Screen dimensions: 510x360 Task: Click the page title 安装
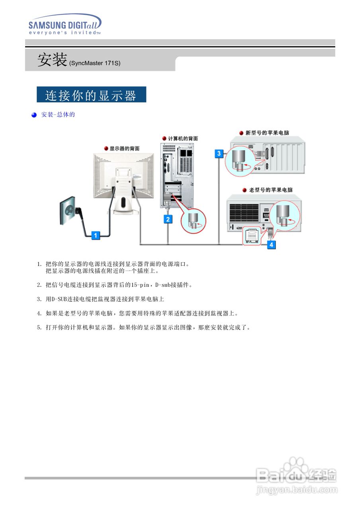tap(52, 60)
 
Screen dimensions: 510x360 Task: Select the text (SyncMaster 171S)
tap(95, 63)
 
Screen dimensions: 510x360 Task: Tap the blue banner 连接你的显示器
tap(91, 95)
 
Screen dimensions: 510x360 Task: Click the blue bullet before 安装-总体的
tap(34, 115)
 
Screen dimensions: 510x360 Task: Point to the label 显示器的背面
tap(124, 148)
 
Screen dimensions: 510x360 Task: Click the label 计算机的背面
tap(182, 139)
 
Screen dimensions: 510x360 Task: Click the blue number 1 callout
tap(95, 235)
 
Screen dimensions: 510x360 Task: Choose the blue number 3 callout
tap(219, 153)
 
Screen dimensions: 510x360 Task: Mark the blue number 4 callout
tap(271, 244)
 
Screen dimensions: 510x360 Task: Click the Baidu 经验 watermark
tap(297, 476)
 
